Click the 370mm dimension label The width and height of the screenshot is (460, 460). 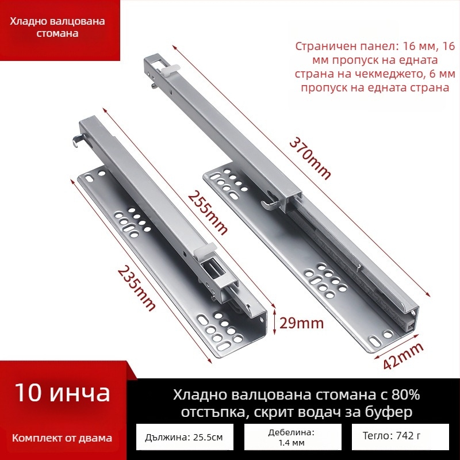point(310,158)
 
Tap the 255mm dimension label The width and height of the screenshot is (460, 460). point(208,213)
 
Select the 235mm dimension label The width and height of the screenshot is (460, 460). point(137,289)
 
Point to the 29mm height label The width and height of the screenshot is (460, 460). point(301,323)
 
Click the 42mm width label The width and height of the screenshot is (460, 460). point(404,356)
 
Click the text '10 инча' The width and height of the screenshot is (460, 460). point(63,393)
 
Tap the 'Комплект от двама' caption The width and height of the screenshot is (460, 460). point(62,438)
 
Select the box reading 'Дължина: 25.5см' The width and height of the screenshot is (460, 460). point(185,437)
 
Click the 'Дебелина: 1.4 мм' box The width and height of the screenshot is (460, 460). point(293,437)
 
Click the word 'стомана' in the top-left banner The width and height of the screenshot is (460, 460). point(57,33)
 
